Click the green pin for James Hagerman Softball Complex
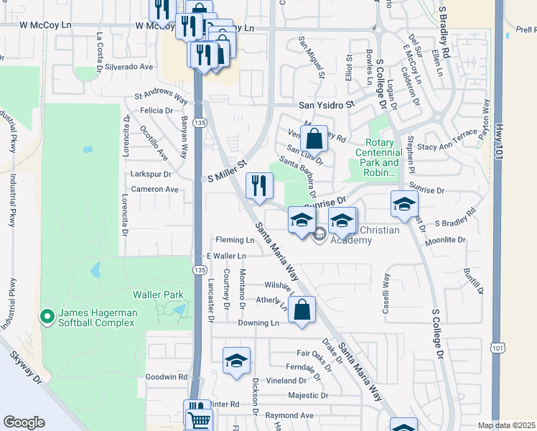coord(47,316)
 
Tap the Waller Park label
coord(158,295)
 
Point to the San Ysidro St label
coord(327,105)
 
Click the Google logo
coord(24,422)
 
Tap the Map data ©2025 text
coord(506,425)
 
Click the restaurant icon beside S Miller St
coord(259,185)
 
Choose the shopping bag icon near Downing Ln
coord(303,310)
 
